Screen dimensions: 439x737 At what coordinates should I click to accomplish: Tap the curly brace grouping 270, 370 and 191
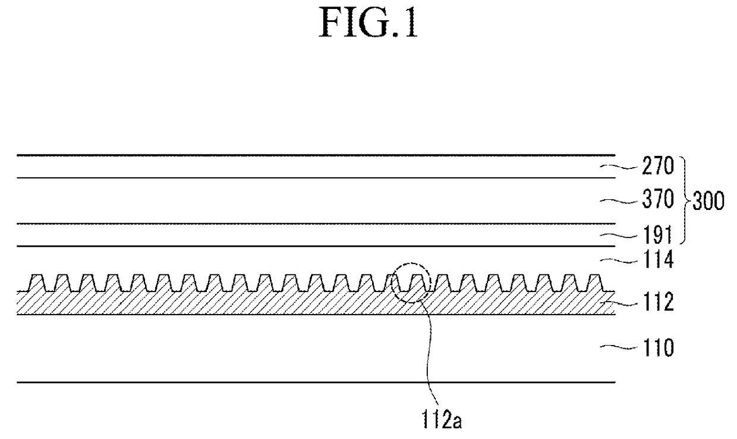pyautogui.click(x=684, y=201)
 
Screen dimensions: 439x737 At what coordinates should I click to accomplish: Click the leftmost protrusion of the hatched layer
pyautogui.click(x=37, y=281)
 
